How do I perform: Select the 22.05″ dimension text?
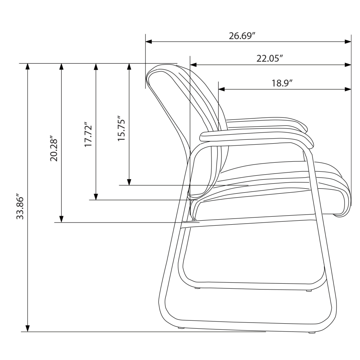(269, 59)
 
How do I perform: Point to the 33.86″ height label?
(20, 208)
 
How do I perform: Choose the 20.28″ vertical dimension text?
(54, 150)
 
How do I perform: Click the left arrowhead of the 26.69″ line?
(149, 41)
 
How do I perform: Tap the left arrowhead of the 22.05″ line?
(193, 65)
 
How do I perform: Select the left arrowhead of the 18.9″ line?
(221, 89)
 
